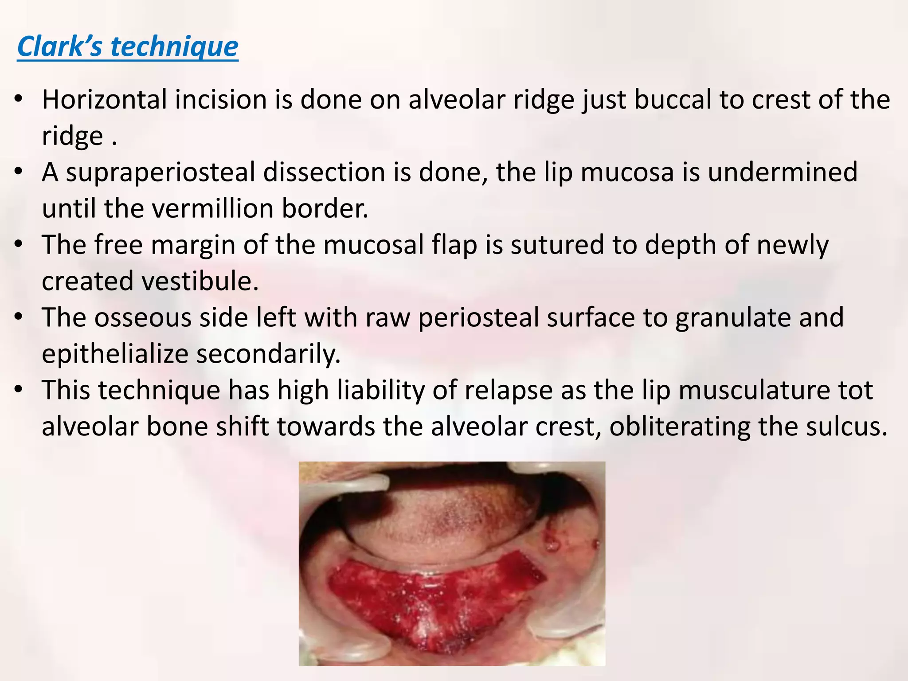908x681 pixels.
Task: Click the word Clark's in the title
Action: (x=60, y=46)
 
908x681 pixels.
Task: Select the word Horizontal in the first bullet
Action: (x=104, y=99)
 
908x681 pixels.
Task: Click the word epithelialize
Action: (x=115, y=355)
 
